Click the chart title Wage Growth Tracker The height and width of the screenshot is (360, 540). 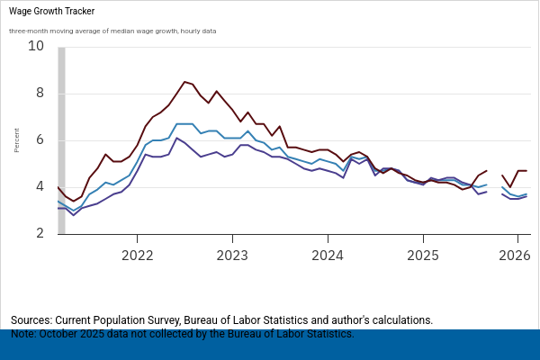coord(52,12)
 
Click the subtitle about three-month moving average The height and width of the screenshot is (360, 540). coord(112,31)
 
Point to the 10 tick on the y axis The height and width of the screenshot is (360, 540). coord(37,46)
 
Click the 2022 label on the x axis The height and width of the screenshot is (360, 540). coord(137,255)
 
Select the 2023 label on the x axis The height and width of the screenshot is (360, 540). coord(232,255)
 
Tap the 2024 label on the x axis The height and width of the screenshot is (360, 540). coord(328,255)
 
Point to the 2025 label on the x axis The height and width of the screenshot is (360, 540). coord(423,255)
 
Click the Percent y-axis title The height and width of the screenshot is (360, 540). coord(17,139)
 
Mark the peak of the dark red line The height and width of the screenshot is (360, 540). coord(184,82)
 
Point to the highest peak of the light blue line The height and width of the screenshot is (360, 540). coord(184,124)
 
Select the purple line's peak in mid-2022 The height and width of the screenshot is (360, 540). coord(176,138)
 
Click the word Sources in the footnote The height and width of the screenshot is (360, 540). coord(31,320)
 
